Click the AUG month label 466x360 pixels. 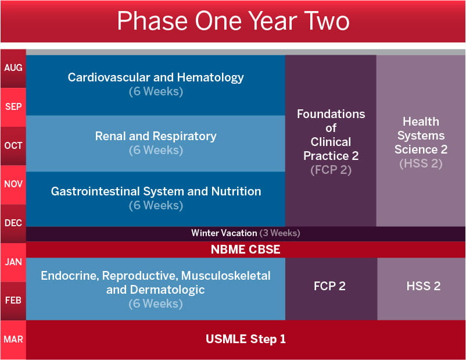[x=13, y=68]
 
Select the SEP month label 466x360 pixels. [x=13, y=107]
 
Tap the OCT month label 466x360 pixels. [x=13, y=145]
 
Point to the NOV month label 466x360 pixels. [x=13, y=184]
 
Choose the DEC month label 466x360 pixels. [x=13, y=223]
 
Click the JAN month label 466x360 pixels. [x=13, y=262]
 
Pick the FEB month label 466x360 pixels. [x=13, y=300]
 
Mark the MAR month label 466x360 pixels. [x=13, y=338]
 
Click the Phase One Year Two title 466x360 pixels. [x=233, y=21]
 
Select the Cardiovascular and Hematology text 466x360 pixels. [x=156, y=77]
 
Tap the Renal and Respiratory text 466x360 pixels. [x=156, y=136]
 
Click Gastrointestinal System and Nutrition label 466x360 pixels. [x=156, y=191]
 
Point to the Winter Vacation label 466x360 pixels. [x=224, y=233]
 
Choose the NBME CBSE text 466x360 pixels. [x=246, y=249]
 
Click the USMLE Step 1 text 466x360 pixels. [x=246, y=338]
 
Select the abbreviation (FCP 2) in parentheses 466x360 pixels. [x=331, y=170]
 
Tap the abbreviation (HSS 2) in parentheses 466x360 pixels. [x=421, y=163]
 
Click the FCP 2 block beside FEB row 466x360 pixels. [x=331, y=286]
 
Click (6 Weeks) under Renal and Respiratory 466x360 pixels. [x=156, y=150]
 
